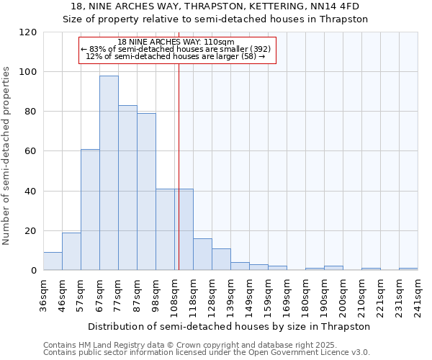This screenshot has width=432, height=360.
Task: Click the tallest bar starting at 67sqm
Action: click(109, 173)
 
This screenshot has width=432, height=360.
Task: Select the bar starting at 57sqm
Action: click(90, 210)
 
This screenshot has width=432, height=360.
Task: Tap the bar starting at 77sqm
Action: click(127, 188)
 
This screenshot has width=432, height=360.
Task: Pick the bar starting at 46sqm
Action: click(71, 251)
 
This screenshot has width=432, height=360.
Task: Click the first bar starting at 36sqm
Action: click(53, 261)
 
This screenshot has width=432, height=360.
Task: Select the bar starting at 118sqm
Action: click(202, 254)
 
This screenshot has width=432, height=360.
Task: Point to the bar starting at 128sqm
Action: click(221, 259)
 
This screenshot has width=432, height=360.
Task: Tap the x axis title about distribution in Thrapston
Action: click(230, 326)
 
